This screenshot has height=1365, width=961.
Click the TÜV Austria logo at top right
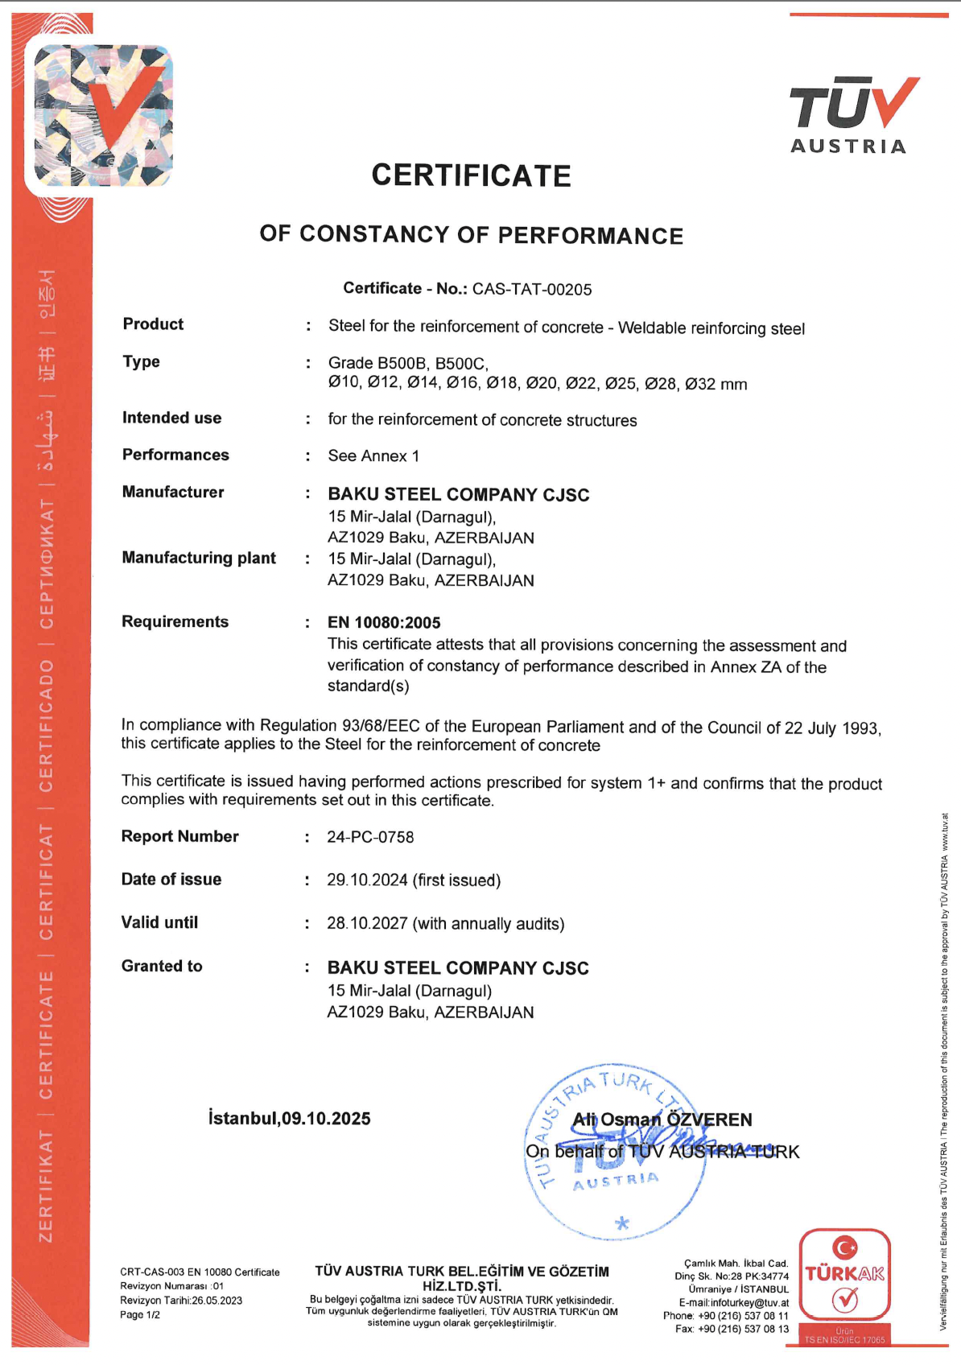852,113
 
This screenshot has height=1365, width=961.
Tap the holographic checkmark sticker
102,115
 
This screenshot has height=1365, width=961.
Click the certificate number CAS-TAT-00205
532,290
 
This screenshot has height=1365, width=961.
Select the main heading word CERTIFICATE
471,175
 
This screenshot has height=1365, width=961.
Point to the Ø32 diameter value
700,384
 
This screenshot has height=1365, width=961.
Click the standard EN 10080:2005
384,622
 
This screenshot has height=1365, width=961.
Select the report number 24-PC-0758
370,837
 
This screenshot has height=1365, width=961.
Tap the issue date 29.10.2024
367,880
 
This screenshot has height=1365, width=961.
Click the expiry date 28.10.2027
367,923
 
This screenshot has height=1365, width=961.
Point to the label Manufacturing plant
199,558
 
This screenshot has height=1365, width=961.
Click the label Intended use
171,418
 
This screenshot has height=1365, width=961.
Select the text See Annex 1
373,456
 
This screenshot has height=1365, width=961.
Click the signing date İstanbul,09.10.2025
289,1119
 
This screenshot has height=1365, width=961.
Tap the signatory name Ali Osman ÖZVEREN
662,1120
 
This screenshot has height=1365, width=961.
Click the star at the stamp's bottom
621,1224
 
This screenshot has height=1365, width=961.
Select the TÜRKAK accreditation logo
844,1276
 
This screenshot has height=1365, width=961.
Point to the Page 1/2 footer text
140,1315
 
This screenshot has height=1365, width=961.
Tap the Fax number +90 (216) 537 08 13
743,1329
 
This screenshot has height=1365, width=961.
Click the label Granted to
162,966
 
